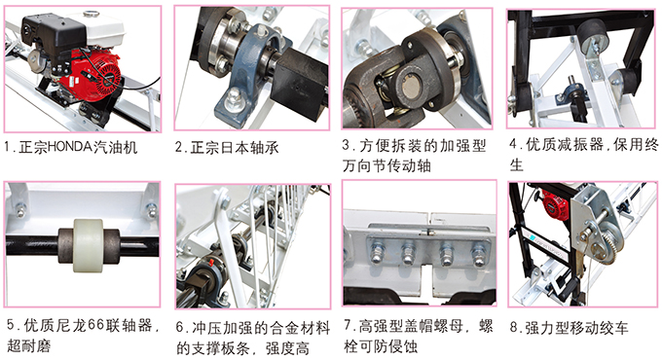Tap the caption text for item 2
[x=227, y=147]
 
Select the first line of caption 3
[x=418, y=145]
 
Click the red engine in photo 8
[x=558, y=204]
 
